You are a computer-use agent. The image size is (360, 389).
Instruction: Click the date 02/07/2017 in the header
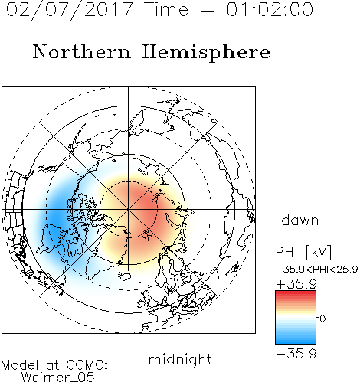tap(70, 10)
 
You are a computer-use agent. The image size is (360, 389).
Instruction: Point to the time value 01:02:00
tap(270, 9)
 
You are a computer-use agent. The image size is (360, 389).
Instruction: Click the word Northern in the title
tap(82, 51)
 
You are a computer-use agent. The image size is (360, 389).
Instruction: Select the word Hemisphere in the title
tap(206, 53)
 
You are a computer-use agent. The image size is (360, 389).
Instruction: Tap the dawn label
tap(300, 221)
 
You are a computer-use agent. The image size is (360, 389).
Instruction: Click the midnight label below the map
tap(180, 359)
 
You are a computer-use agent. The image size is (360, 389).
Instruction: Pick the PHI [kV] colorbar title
tap(303, 252)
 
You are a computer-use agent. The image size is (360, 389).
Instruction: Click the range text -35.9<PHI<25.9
tap(317, 270)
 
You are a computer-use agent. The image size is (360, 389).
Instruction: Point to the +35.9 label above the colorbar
tap(296, 284)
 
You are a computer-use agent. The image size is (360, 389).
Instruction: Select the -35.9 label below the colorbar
tap(296, 354)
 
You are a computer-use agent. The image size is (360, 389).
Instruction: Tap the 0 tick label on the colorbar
tap(322, 319)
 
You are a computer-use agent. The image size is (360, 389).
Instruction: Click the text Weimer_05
tap(58, 378)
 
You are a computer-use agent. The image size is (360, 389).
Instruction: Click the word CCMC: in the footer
tap(87, 365)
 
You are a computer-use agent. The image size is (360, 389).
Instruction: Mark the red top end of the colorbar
tap(296, 293)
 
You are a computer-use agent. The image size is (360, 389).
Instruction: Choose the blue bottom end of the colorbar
tap(296, 342)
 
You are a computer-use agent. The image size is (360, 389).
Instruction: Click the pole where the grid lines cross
tap(129, 210)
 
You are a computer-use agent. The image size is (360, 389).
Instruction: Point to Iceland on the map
tap(125, 276)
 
